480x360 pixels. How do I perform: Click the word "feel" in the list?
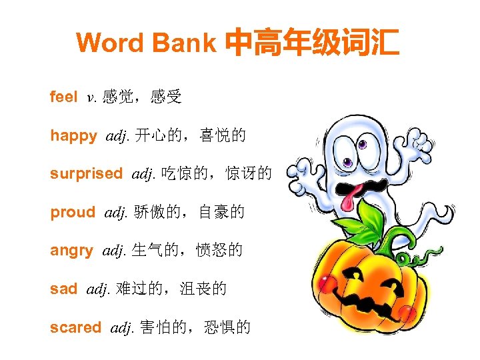coord(63,97)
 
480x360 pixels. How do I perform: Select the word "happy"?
coord(73,136)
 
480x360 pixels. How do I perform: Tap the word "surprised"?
coord(86,174)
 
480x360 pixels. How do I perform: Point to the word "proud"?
coord(73,213)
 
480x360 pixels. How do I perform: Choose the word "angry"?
coord(71,251)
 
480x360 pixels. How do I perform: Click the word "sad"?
coord(63,289)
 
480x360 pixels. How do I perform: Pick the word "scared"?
coord(75,327)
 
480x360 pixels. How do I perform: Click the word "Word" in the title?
coord(109,43)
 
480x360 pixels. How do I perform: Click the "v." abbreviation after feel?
coord(92,98)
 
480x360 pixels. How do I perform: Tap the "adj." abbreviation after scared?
coord(122,327)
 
